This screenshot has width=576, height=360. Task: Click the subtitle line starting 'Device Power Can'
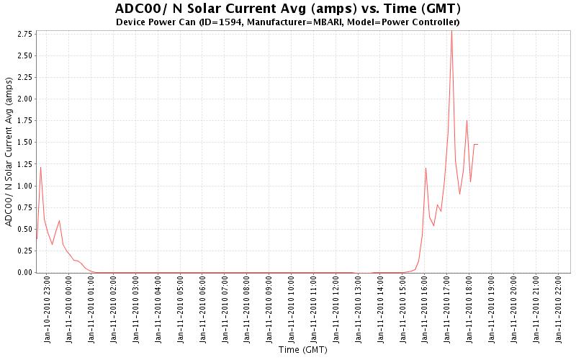tap(288, 22)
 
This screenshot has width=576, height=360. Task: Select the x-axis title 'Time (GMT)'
tap(302, 351)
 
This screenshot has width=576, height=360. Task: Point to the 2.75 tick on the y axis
tap(23, 34)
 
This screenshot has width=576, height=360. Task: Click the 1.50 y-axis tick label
tap(23, 143)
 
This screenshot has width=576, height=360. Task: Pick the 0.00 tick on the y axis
tap(23, 272)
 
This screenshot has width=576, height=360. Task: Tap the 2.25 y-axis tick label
tap(23, 77)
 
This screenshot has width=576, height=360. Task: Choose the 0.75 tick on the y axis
tap(23, 207)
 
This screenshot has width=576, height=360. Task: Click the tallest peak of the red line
tap(451, 30)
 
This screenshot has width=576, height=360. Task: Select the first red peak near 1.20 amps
tap(40, 167)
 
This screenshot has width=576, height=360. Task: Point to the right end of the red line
tap(477, 145)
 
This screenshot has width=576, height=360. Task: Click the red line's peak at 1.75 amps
tap(467, 120)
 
